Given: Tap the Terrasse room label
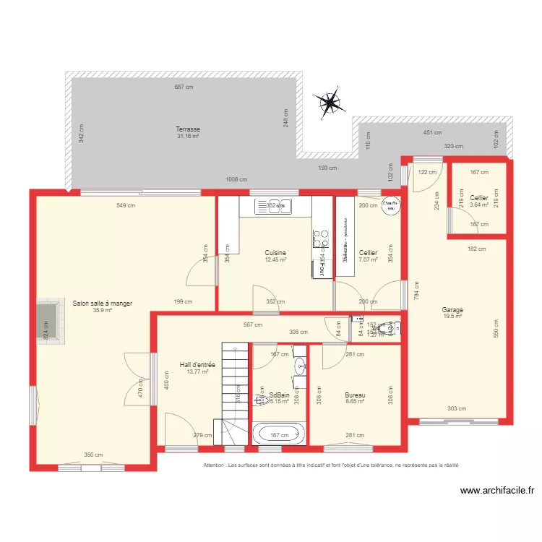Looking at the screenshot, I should (x=188, y=129).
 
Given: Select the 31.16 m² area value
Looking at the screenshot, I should (x=188, y=136).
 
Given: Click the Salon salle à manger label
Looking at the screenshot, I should (x=102, y=304).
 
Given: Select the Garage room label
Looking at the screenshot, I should (x=452, y=310).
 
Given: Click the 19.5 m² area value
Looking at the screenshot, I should (x=452, y=317).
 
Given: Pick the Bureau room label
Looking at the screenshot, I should (x=355, y=395).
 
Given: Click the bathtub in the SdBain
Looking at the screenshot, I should (x=279, y=435).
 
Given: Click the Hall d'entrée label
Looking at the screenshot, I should (x=197, y=365).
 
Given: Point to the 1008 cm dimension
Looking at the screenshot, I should (x=236, y=179).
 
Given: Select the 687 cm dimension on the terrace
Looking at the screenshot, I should (x=184, y=87).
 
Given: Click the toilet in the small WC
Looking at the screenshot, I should (x=390, y=329).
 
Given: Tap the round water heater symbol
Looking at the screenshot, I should (x=390, y=205).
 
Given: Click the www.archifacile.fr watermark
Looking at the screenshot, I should (x=497, y=491).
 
